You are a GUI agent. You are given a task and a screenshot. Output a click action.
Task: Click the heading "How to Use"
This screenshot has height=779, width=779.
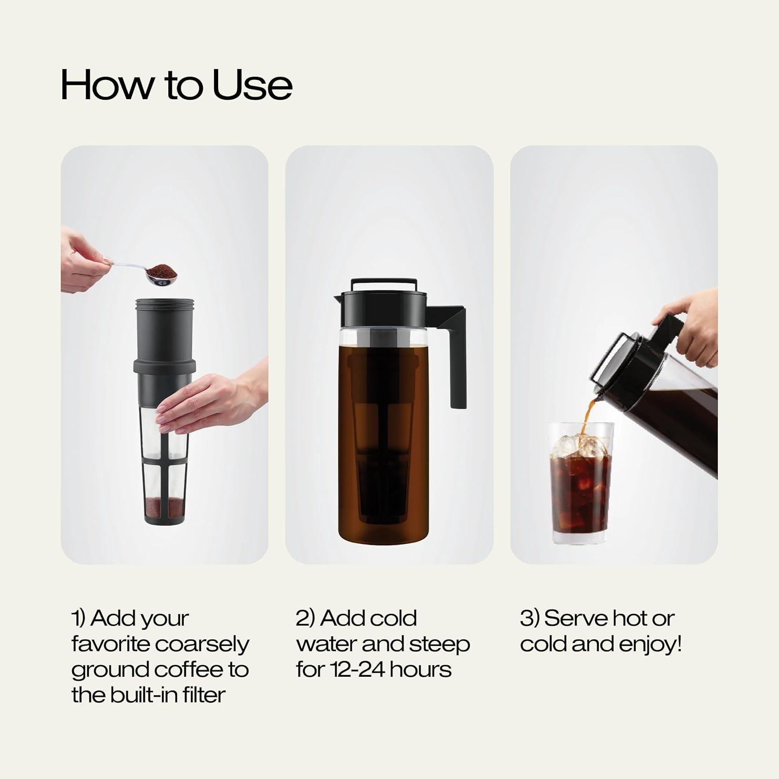click(176, 85)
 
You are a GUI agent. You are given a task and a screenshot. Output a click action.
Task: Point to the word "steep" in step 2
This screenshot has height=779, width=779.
click(439, 644)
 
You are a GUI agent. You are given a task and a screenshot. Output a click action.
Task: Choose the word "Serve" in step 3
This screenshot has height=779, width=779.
click(575, 619)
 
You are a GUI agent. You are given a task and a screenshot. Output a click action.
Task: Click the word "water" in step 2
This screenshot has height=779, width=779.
click(326, 644)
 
